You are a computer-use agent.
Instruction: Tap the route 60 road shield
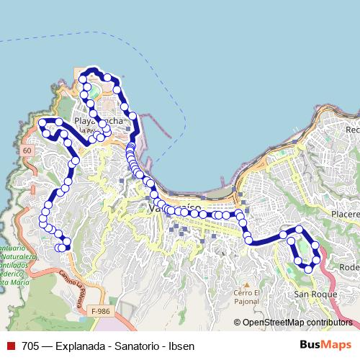[27, 150]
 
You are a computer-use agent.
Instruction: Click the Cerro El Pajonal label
[246, 297]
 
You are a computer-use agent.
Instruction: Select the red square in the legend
[11, 346]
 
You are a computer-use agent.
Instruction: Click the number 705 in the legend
[30, 346]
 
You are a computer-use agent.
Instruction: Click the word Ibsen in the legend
[181, 346]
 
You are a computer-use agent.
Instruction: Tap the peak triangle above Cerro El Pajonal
[246, 284]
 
